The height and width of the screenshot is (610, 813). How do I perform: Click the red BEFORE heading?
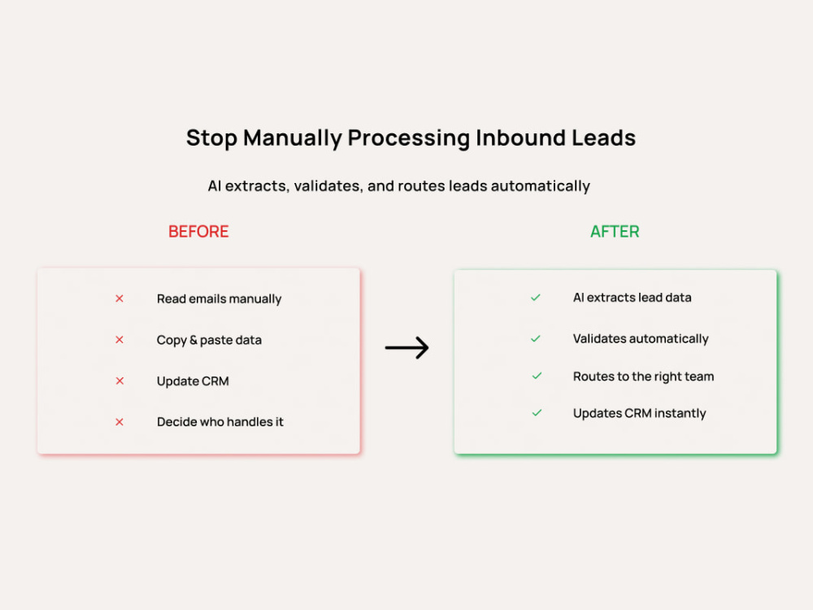198,231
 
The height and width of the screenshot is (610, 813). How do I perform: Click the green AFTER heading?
615,231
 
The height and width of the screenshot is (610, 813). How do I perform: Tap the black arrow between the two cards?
406,347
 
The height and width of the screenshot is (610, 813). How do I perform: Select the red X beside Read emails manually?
120,298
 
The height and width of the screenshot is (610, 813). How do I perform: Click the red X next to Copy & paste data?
120,339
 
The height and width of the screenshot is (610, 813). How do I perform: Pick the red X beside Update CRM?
120,381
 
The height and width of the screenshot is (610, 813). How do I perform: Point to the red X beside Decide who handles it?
120,421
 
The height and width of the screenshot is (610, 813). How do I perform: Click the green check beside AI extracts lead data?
536,297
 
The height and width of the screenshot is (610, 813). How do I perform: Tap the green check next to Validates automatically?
536,338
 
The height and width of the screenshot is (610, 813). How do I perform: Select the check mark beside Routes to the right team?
537,376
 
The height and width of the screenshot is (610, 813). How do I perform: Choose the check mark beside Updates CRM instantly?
537,413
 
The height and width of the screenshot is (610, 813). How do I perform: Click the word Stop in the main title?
211,139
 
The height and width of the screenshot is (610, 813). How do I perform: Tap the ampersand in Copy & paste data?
193,340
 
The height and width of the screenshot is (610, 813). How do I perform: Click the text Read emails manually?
219,299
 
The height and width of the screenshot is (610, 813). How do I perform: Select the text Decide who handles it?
220,421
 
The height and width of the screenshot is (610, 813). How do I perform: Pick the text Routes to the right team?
643,377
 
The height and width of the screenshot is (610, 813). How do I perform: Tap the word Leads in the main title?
603,138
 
